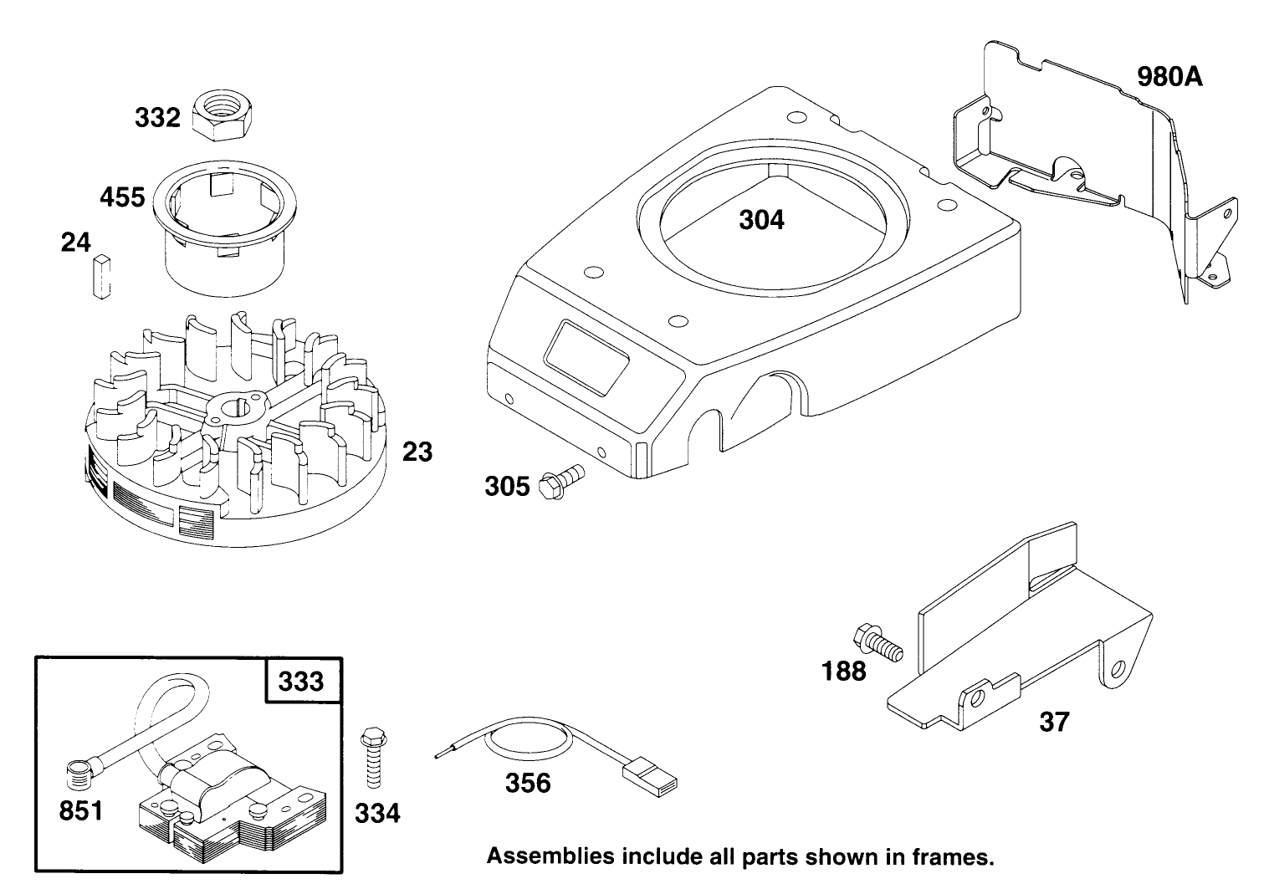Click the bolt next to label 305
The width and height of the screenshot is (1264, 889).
tap(561, 480)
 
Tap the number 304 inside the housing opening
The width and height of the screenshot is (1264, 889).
tap(761, 220)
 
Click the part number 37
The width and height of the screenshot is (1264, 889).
tap(1053, 721)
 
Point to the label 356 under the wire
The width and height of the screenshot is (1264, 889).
tap(529, 784)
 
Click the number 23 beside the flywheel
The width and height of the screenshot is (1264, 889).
tap(417, 452)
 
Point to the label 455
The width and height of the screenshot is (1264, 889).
tap(122, 198)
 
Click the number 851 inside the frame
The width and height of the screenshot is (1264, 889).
tap(80, 810)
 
